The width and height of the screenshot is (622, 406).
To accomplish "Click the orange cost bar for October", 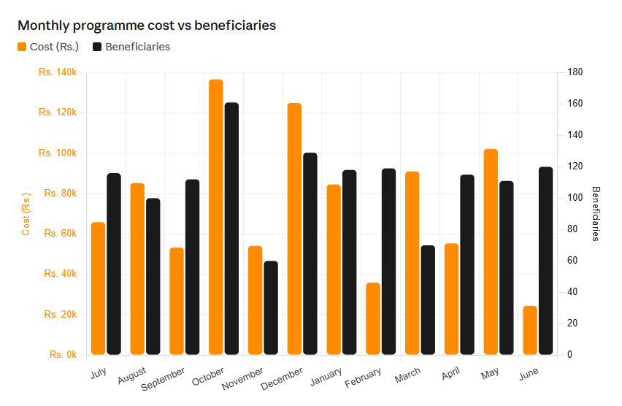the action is click(216, 217).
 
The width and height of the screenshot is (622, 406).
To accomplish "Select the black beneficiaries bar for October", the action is click(231, 229).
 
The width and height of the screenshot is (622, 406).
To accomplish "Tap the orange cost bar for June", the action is click(530, 330).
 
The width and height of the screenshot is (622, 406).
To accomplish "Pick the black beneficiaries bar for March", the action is click(428, 299).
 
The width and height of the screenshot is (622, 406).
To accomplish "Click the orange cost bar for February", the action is click(373, 318).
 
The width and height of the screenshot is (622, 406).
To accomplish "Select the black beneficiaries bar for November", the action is click(271, 307).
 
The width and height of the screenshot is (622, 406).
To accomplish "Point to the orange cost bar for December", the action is click(294, 229).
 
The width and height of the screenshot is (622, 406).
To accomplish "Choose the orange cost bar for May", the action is click(491, 252).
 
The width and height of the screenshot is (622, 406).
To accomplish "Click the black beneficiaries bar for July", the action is click(114, 264).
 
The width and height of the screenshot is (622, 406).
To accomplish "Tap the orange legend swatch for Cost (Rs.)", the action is click(22, 47).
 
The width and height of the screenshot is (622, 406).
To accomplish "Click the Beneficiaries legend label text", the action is click(138, 47).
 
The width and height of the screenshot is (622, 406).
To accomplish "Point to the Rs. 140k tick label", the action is click(58, 72).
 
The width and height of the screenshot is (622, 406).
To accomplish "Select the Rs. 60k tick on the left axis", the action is click(61, 234).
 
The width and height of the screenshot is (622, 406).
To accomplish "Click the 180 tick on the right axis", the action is click(575, 72).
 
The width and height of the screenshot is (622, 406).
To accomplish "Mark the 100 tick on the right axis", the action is click(575, 197).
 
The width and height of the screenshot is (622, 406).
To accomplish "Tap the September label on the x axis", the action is click(163, 378).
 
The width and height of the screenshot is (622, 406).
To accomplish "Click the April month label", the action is click(450, 373).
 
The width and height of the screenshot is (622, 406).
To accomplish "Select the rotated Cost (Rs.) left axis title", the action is click(26, 214).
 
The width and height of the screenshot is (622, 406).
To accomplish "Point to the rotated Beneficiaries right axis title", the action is click(596, 213).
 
